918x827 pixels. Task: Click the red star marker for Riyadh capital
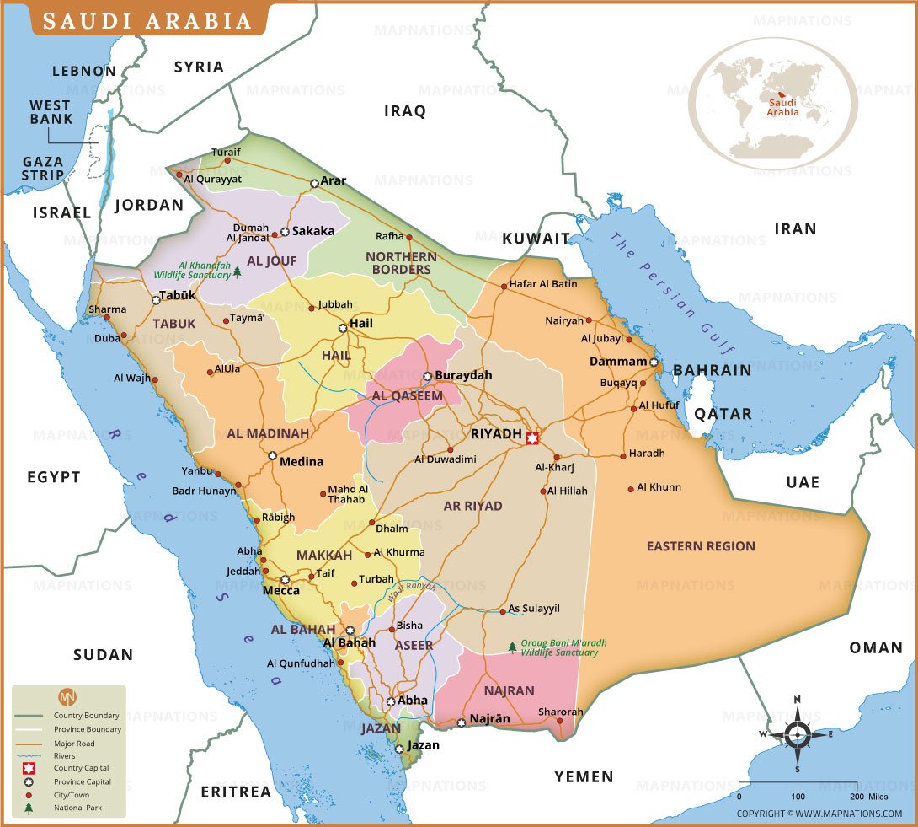531,438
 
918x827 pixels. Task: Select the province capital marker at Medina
272,456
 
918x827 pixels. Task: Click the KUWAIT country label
536,239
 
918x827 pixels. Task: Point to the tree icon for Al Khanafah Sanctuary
238,271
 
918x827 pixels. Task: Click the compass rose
797,733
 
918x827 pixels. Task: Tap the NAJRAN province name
509,690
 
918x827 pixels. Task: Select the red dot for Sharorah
559,722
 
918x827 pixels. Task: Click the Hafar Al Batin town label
543,284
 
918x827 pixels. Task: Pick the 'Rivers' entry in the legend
65,756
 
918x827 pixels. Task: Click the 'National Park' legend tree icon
29,808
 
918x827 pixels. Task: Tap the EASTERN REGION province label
701,546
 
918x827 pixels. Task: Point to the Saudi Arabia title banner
147,20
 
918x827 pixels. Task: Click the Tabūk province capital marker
156,299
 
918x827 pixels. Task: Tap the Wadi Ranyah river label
412,591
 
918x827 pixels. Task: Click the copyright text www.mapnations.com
819,814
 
